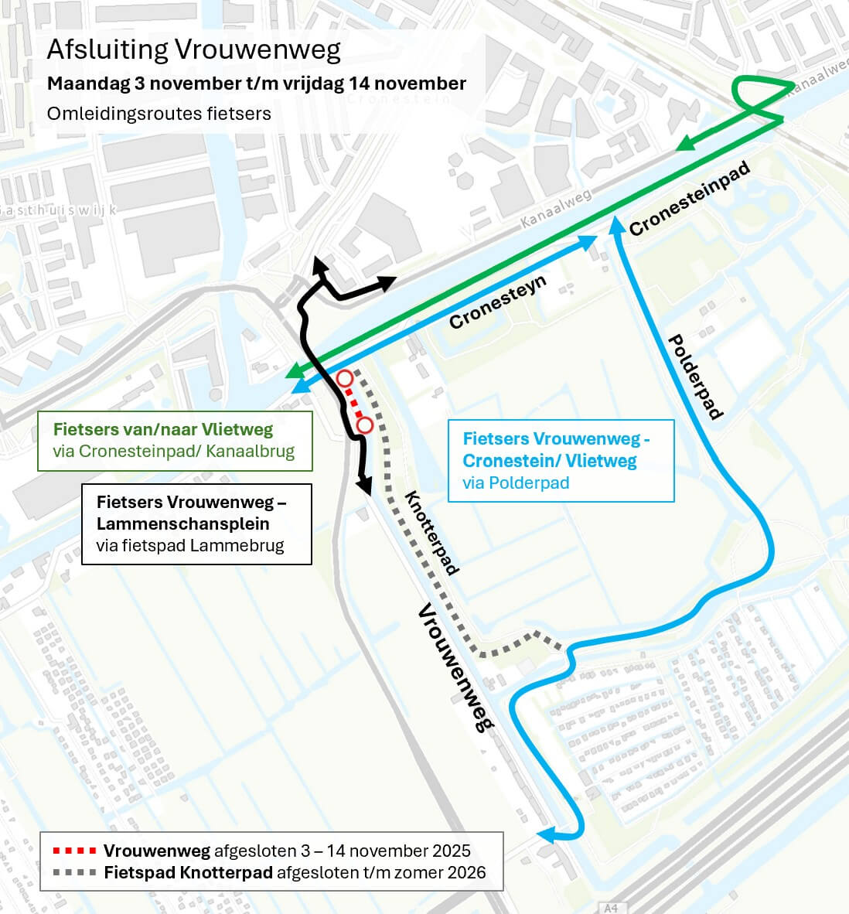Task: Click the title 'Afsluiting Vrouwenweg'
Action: coord(193,49)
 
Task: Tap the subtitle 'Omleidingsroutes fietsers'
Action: coord(159,114)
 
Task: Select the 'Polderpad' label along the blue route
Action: coord(694,377)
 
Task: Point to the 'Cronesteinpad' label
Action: coord(690,199)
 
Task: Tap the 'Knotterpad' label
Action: coord(431,533)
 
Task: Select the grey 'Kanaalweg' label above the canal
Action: coord(555,207)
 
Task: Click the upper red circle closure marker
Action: coord(345,378)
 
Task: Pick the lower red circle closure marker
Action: coord(365,425)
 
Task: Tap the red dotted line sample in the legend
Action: coord(73,851)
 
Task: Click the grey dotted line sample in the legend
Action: coord(73,873)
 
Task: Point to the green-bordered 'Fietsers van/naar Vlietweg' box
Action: coord(175,441)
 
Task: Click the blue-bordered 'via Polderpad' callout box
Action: coord(561,461)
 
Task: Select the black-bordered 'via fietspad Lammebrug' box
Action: coord(196,524)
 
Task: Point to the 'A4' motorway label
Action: coord(611,908)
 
